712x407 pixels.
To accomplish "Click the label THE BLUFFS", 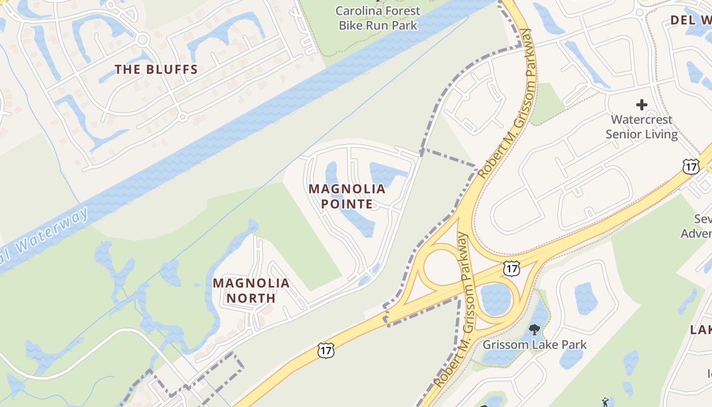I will click(x=156, y=70).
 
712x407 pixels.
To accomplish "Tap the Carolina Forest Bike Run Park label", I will click(x=378, y=18).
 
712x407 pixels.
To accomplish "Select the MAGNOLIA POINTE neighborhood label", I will click(x=347, y=196).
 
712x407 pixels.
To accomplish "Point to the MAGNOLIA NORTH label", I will click(x=251, y=290).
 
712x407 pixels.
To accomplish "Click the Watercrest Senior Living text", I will click(x=641, y=127).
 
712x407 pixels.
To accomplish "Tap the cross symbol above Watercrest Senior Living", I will click(x=641, y=105).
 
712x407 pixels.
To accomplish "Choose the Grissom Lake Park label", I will click(x=534, y=344).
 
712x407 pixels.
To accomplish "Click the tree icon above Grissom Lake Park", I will click(x=534, y=330).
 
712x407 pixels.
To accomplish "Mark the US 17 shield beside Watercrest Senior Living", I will click(x=691, y=166).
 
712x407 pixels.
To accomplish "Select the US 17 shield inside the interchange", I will click(x=512, y=268).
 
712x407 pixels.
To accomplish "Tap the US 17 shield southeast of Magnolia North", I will click(x=325, y=350).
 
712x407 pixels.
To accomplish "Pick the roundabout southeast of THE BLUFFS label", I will click(x=183, y=118).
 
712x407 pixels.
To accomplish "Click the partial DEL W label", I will click(x=691, y=20).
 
